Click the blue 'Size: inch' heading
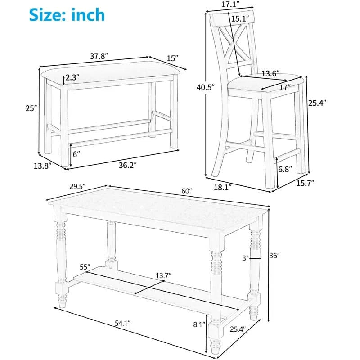click(x=67, y=15)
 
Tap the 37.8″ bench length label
click(x=99, y=56)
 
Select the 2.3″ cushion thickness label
click(x=72, y=77)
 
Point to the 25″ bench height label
click(x=31, y=108)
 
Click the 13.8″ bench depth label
click(x=42, y=166)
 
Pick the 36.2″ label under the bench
click(x=128, y=165)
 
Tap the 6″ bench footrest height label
click(x=76, y=154)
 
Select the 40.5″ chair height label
click(x=206, y=87)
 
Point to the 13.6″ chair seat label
click(x=270, y=73)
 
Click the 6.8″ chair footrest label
click(x=285, y=169)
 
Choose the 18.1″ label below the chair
click(x=223, y=188)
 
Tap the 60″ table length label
click(x=186, y=191)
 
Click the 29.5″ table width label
click(x=77, y=186)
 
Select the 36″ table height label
click(x=274, y=255)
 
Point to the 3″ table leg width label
click(x=246, y=258)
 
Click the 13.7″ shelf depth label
click(x=163, y=275)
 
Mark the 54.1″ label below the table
click(x=122, y=323)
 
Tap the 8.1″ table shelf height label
click(x=199, y=324)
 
